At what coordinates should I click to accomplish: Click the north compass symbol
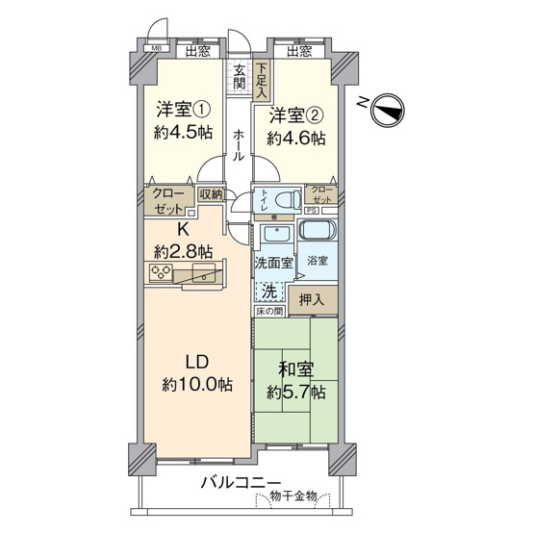pos(390,110)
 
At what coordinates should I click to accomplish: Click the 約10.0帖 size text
pos(197,384)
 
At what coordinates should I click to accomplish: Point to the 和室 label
pos(295,369)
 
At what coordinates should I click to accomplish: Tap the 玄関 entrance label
pos(241,79)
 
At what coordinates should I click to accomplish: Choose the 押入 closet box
pos(313,299)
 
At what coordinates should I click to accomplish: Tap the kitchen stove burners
pos(161,274)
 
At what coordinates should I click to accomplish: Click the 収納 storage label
pos(211,193)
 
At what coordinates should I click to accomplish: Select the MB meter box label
pos(155,52)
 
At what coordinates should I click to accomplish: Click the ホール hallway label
pos(239,144)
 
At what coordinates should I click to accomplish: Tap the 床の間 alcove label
pos(269,312)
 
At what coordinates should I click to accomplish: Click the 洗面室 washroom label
pos(273,262)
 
